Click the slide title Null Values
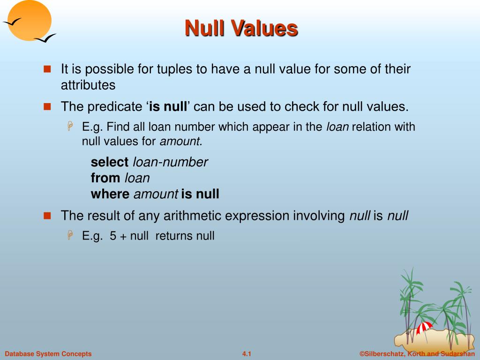pos(241,28)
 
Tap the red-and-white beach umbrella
pos(425,327)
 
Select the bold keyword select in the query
pos(109,162)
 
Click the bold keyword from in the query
pos(105,178)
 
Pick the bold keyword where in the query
pos(110,194)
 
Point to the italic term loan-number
pos(170,162)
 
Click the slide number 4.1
pos(247,354)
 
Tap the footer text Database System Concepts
pos(48,354)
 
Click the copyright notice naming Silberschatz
pos(417,354)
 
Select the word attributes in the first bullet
pos(88,85)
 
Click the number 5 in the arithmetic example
pos(113,236)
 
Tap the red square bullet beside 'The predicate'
pos(47,106)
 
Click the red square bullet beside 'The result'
pos(47,216)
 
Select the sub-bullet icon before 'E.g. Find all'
pos(70,127)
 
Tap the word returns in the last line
pos(174,236)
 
